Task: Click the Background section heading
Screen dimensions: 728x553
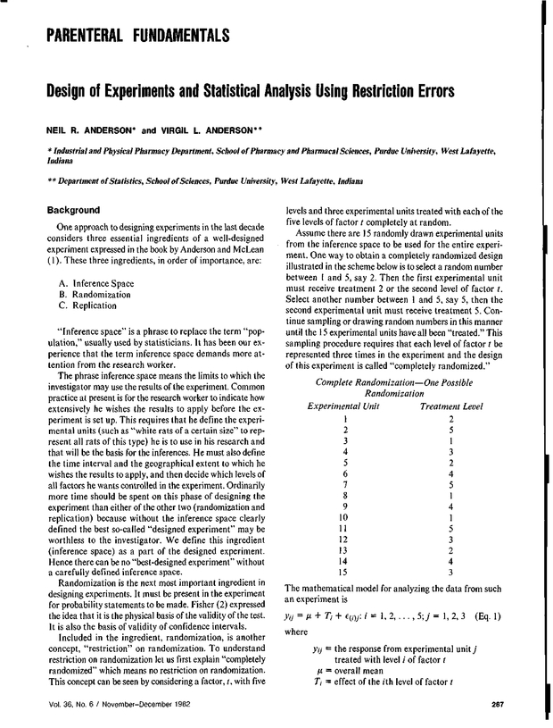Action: pos(78,210)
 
